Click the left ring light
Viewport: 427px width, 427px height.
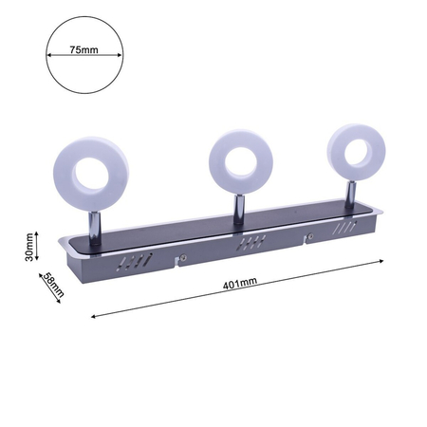[91, 174]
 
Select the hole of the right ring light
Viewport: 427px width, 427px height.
[360, 148]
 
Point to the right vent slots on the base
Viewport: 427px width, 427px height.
[345, 228]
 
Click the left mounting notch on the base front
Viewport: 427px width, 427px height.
[180, 256]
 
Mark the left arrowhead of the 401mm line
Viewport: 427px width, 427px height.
[93, 317]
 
